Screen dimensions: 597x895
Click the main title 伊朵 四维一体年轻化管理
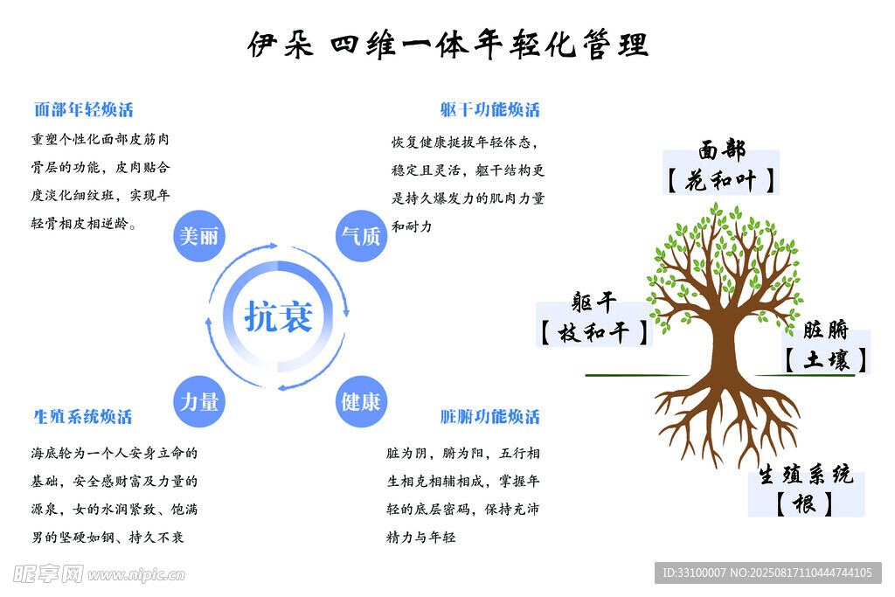pyautogui.click(x=447, y=44)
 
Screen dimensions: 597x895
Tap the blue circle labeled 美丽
pyautogui.click(x=199, y=236)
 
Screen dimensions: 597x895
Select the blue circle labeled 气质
pyautogui.click(x=361, y=236)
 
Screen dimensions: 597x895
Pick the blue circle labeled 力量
pyautogui.click(x=199, y=401)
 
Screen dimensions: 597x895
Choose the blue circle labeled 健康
pyautogui.click(x=361, y=401)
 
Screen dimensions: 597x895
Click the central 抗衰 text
pyautogui.click(x=278, y=316)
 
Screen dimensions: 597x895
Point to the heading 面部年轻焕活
pyautogui.click(x=84, y=110)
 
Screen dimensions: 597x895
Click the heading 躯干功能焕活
pyautogui.click(x=490, y=110)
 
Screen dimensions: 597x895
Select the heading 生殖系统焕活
pyautogui.click(x=83, y=417)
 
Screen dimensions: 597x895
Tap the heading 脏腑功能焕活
pyautogui.click(x=490, y=417)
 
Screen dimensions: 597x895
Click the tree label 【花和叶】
pyautogui.click(x=721, y=181)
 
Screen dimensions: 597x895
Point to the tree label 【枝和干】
pyautogui.click(x=594, y=333)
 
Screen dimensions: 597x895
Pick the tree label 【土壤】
pyautogui.click(x=826, y=359)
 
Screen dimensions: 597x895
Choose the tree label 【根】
pyautogui.click(x=805, y=503)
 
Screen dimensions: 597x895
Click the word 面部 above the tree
pyautogui.click(x=722, y=151)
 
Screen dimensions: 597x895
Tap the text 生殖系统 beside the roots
pyautogui.click(x=805, y=475)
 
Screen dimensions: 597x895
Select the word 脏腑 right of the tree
pyautogui.click(x=826, y=330)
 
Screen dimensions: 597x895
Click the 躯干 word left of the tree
pyautogui.click(x=594, y=303)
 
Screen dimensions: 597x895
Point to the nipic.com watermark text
pyautogui.click(x=135, y=574)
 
